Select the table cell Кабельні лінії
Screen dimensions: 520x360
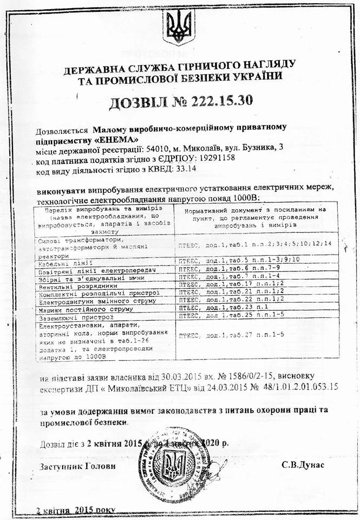[61, 259]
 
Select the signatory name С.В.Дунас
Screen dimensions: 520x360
[303, 466]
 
